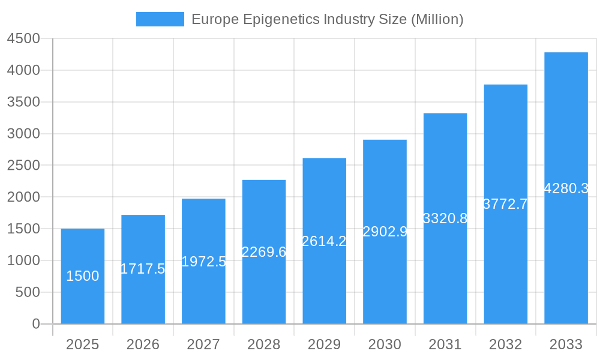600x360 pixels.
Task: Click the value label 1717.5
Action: coord(143,269)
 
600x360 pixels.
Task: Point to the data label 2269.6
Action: coord(264,252)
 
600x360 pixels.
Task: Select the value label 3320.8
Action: coord(445,218)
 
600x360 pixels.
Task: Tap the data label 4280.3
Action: coord(566,188)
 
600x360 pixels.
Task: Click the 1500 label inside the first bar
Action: coord(83,276)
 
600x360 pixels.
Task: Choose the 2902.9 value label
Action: coord(385,232)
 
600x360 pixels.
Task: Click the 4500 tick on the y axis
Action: coord(23,39)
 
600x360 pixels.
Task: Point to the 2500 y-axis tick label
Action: coord(23,166)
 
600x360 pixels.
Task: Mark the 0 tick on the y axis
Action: coord(35,324)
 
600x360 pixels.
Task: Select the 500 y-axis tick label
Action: coord(27,292)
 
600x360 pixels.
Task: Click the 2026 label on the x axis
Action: coord(143,344)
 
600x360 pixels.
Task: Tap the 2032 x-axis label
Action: coord(505,344)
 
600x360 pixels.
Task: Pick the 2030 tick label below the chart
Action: coord(385,344)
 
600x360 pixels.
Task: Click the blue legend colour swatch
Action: coord(160,19)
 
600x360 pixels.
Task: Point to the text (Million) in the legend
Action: coord(437,20)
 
